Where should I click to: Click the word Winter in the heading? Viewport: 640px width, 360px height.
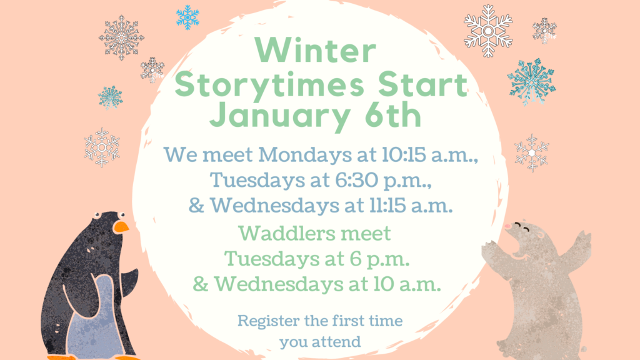click(315, 50)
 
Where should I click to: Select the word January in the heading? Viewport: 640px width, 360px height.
click(279, 116)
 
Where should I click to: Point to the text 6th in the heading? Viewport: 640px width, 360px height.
click(392, 114)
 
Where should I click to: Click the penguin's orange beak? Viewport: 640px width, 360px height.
click(121, 227)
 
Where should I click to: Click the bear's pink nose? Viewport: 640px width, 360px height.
click(507, 226)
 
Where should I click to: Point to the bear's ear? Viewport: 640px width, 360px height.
click(540, 236)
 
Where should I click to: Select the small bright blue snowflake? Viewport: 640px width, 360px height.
click(187, 17)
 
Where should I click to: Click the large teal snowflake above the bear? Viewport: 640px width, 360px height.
click(532, 82)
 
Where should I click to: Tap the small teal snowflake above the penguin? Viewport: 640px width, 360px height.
click(110, 97)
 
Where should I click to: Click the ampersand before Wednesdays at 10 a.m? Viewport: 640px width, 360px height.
click(201, 284)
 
